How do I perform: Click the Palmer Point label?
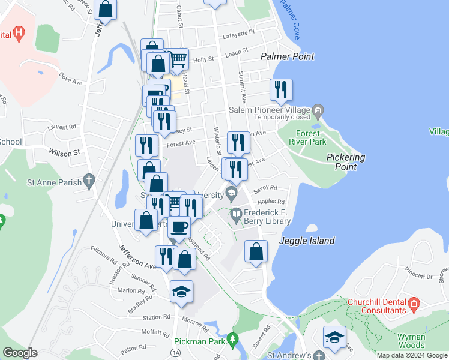[288, 56]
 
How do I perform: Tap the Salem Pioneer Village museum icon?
[318, 110]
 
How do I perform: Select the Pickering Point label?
[345, 161]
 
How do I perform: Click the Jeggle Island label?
[307, 241]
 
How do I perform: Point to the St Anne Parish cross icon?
[89, 179]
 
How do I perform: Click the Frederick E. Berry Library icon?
[237, 214]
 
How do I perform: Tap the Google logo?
[20, 353]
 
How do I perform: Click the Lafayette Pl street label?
[238, 31]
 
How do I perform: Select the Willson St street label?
[64, 153]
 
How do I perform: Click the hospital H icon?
[19, 34]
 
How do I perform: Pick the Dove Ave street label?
[70, 80]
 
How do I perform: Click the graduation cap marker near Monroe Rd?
[181, 292]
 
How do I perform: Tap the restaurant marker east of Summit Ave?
[280, 90]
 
